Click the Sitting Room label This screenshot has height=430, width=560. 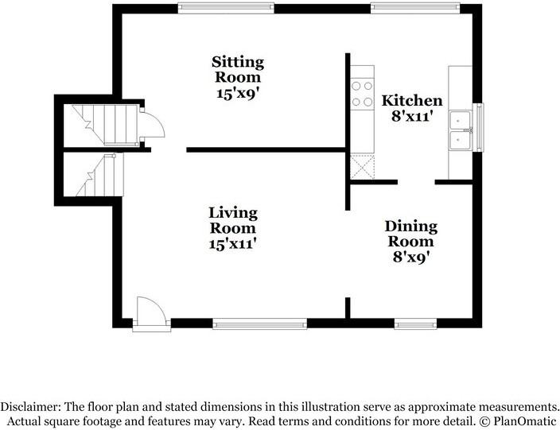tap(238, 69)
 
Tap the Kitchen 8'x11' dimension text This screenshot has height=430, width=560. tap(412, 116)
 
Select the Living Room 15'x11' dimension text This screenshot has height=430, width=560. tap(233, 244)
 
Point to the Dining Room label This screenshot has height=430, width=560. tap(411, 234)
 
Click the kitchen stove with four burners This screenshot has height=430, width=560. tap(362, 95)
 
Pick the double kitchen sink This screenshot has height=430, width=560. tap(460, 130)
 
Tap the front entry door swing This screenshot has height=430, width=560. tap(151, 311)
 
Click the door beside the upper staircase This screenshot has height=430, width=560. tap(152, 123)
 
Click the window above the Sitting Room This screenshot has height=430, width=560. tap(226, 8)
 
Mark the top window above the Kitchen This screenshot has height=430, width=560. tap(415, 8)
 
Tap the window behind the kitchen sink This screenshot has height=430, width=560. tap(478, 127)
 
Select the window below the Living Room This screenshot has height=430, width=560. tap(259, 323)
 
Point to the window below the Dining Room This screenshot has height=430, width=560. tap(415, 323)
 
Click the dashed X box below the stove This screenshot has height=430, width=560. tap(363, 167)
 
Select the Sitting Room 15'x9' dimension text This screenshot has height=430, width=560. tap(237, 93)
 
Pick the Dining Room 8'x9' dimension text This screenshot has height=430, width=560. tap(410, 257)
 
